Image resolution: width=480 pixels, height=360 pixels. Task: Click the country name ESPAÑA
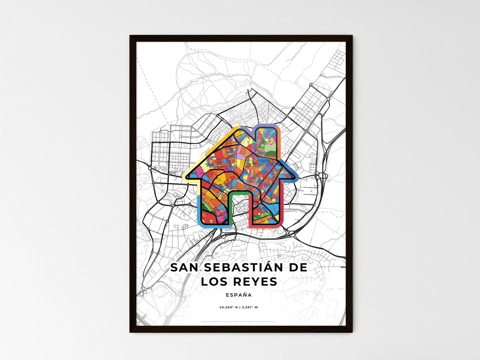[x=239, y=295]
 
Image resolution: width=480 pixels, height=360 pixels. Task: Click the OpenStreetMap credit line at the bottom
[x=239, y=321]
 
